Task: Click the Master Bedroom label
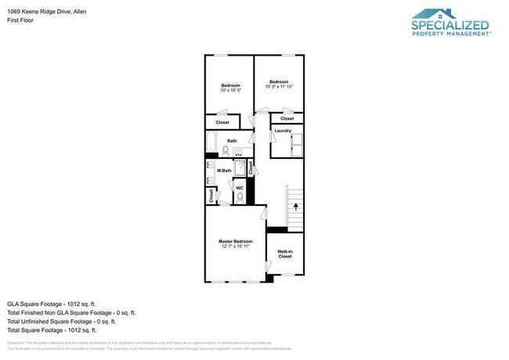pos(236,241)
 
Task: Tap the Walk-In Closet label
pos(284,254)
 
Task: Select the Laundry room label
pos(283,130)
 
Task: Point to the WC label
pos(240,188)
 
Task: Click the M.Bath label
pos(224,170)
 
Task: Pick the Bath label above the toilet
pos(233,140)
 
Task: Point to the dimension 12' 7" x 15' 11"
pos(236,247)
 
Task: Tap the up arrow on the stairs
pos(295,207)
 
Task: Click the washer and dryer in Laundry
pos(297,146)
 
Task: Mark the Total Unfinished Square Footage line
pos(61,321)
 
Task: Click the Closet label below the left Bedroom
pos(222,122)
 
